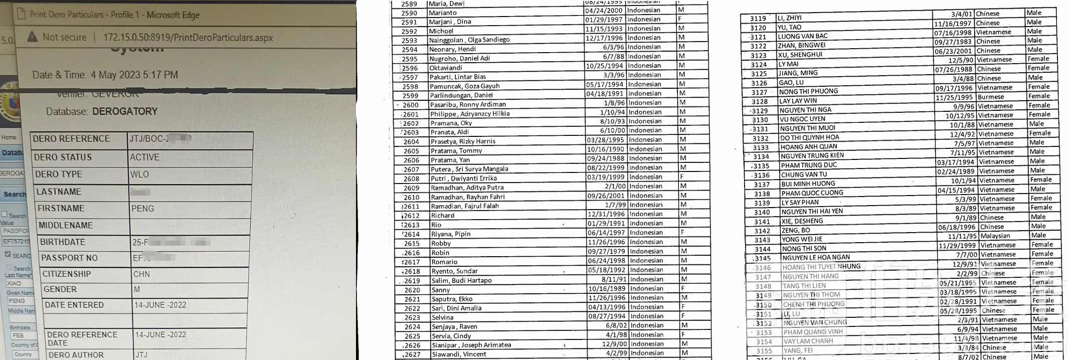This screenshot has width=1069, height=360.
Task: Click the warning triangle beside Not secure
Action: click(x=32, y=37)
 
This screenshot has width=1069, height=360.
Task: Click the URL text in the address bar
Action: click(x=188, y=38)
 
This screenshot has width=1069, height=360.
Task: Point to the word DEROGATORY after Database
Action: click(x=125, y=111)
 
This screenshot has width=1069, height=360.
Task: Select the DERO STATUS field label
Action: click(x=63, y=157)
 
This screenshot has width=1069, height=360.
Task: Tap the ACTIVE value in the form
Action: click(x=144, y=157)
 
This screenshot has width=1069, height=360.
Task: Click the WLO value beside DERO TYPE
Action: click(x=139, y=174)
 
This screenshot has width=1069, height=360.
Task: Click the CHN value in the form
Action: click(x=141, y=274)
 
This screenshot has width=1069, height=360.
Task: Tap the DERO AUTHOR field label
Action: click(x=76, y=354)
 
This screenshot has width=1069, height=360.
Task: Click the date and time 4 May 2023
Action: click(x=134, y=75)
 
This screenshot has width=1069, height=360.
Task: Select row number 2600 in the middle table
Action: click(x=411, y=105)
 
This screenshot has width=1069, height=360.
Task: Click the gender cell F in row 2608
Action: click(x=682, y=177)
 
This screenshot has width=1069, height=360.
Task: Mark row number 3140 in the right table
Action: click(x=762, y=212)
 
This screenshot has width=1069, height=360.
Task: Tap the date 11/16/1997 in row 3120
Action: click(x=953, y=23)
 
